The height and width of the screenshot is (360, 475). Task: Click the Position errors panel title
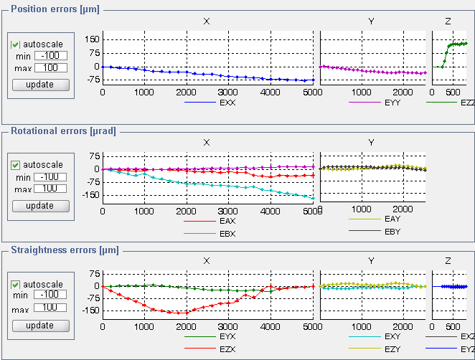click(x=54, y=9)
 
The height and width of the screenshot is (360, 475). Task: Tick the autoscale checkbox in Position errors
click(x=15, y=44)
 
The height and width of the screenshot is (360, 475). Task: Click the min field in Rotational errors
click(x=51, y=177)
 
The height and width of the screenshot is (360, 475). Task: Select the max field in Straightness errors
click(x=51, y=308)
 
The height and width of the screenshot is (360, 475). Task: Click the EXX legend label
click(x=228, y=103)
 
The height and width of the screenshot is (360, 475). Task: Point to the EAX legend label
click(x=228, y=221)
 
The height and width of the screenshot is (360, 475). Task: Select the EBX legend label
click(x=228, y=233)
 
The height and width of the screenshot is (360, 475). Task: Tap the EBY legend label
click(x=392, y=232)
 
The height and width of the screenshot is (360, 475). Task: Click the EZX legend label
click(x=228, y=349)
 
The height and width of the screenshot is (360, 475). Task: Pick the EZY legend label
click(x=392, y=349)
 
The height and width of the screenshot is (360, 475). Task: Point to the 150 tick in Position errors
click(x=90, y=38)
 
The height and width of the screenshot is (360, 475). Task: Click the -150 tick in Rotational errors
click(x=88, y=196)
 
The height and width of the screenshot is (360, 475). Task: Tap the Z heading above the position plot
click(x=448, y=22)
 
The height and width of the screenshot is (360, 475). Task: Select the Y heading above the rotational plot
click(x=371, y=142)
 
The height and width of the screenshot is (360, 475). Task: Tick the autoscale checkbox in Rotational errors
click(x=15, y=165)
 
